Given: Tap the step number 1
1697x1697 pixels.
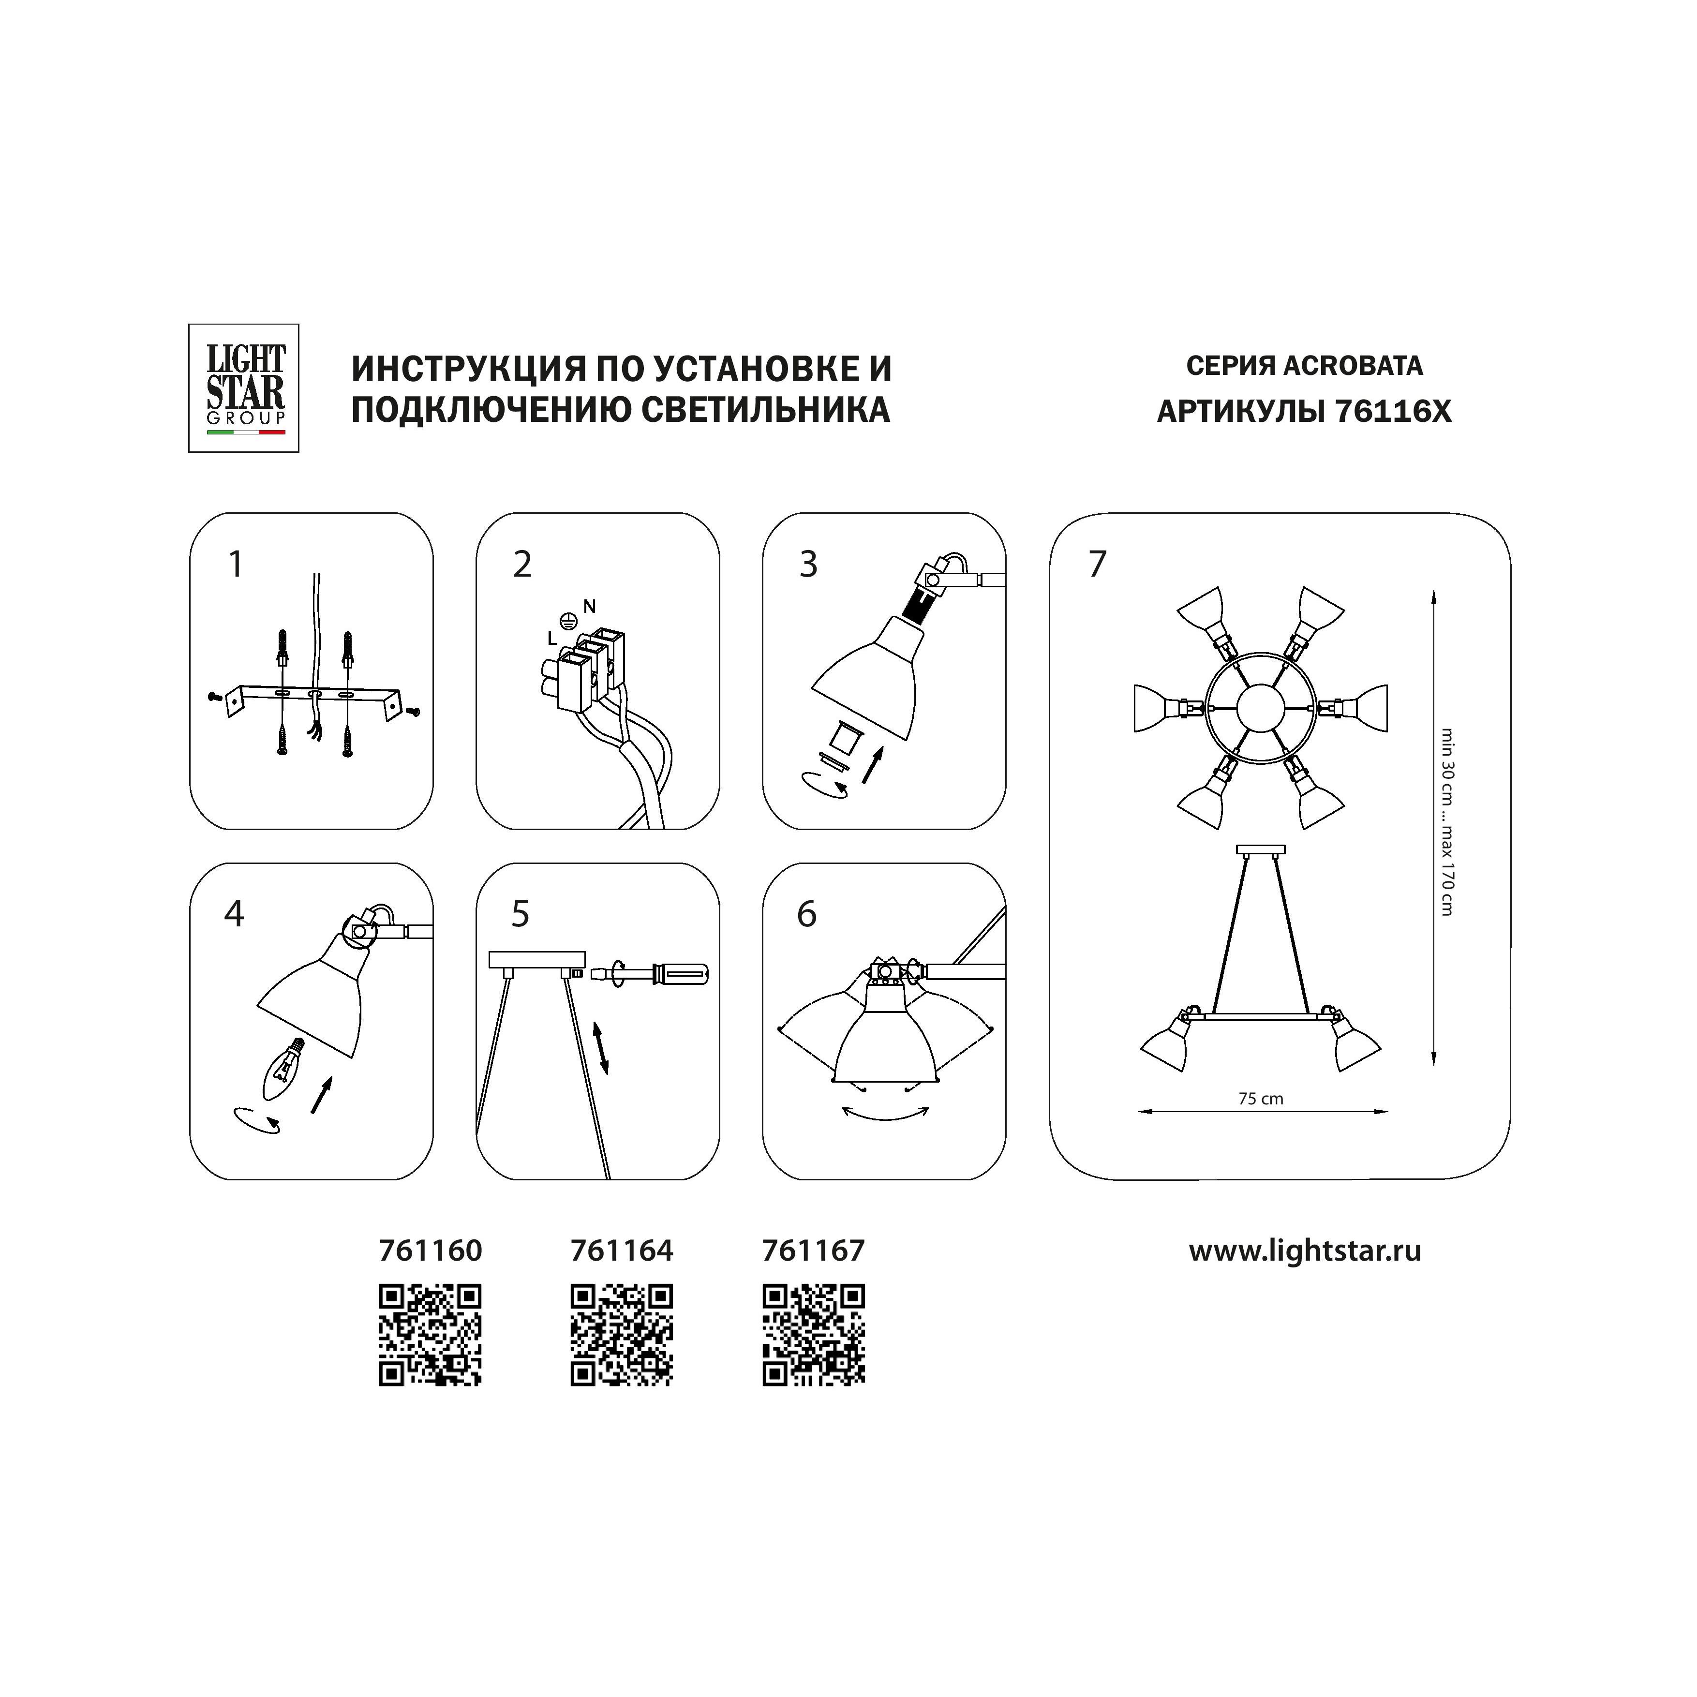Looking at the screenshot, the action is point(236,565).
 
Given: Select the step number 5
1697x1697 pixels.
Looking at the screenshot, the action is point(521,914).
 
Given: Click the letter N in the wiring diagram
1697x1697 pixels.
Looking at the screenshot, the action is point(589,606).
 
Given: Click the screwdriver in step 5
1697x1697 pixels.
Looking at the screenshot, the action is point(650,973).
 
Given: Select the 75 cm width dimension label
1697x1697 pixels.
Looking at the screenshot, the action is point(1261,1099).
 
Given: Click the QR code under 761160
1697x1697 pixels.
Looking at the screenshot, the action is point(431,1335).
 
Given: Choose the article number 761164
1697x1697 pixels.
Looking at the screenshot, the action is point(622,1251).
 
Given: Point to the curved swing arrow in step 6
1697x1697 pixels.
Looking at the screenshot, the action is point(885,1113).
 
